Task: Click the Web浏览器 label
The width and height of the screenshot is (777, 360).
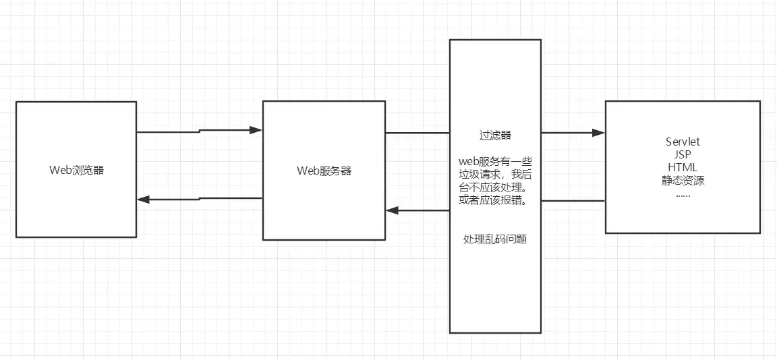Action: coord(77,170)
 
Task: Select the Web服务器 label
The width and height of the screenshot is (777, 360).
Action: coord(324,171)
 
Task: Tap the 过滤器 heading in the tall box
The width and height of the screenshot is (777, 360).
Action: coord(495,136)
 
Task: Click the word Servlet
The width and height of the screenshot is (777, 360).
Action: coord(683,142)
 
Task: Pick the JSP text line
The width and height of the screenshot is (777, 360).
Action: coord(683,154)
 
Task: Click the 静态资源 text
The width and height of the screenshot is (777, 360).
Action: coord(683,180)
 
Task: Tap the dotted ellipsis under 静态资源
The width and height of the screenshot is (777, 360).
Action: coord(683,196)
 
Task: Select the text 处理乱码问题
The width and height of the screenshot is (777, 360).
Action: coord(495,239)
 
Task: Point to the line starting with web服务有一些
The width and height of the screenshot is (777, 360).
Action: coord(495,162)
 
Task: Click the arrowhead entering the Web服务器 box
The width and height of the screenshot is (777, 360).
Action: coord(256,130)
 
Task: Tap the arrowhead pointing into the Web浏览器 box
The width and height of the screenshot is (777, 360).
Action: coord(143,200)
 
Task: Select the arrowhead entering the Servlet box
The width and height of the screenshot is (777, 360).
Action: coord(599,133)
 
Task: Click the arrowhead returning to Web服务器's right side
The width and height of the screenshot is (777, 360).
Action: coord(393,210)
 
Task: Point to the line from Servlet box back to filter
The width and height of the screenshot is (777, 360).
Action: coord(573,200)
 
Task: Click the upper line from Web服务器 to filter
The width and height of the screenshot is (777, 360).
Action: coord(418,133)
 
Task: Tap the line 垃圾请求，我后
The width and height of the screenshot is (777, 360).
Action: coord(495,175)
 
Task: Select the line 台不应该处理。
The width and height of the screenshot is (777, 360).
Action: coord(495,188)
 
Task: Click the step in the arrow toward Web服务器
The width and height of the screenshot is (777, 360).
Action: coord(199,131)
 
